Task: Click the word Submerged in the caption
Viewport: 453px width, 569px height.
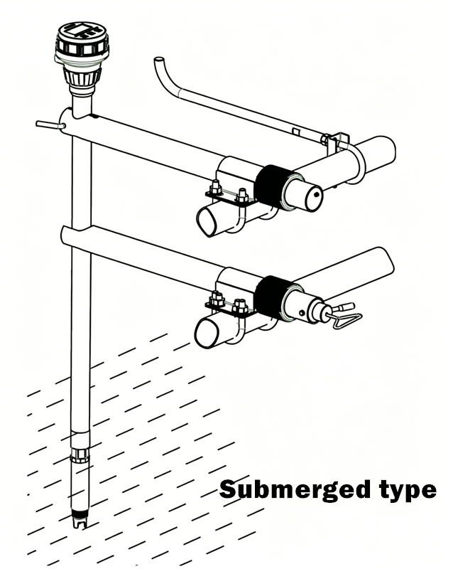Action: [x=295, y=490]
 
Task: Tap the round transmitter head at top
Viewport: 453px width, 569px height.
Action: [x=82, y=41]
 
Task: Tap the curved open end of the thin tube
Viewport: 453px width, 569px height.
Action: [x=159, y=59]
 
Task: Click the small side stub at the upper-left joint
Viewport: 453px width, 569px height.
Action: [x=50, y=124]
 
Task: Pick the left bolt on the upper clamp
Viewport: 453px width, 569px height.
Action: [x=215, y=188]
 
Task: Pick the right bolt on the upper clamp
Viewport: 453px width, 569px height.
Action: [x=241, y=196]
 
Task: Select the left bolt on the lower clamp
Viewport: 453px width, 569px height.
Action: [x=217, y=299]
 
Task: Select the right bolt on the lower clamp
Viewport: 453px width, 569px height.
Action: [x=241, y=307]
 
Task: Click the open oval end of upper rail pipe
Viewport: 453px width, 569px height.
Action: [x=207, y=221]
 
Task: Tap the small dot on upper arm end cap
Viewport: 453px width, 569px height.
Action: [x=317, y=194]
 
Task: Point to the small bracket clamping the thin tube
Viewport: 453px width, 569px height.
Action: [x=336, y=144]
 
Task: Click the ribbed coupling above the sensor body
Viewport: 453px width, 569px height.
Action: [x=80, y=454]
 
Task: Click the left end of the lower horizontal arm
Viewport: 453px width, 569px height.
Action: [x=65, y=236]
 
